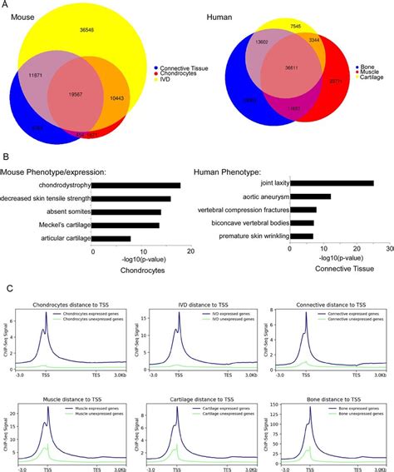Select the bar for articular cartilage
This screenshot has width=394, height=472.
[x=111, y=239]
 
